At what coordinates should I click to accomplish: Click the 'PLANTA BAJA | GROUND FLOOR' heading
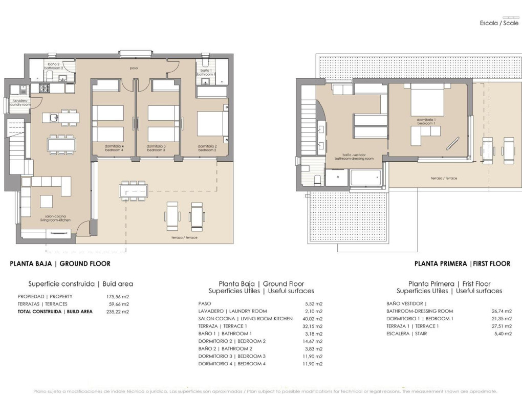pos(60,264)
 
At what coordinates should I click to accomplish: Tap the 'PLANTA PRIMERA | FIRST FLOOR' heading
pos(462,264)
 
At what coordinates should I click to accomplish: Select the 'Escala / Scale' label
pos(498,23)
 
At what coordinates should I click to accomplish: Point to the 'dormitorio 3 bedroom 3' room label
pos(156,149)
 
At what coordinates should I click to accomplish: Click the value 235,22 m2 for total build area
pos(117,311)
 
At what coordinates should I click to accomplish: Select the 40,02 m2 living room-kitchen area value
pos(312,319)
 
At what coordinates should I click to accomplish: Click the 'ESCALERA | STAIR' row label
pos(406,334)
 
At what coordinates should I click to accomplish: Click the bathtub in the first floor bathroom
pos(365,178)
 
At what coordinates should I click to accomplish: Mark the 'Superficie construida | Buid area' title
pos(80,284)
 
